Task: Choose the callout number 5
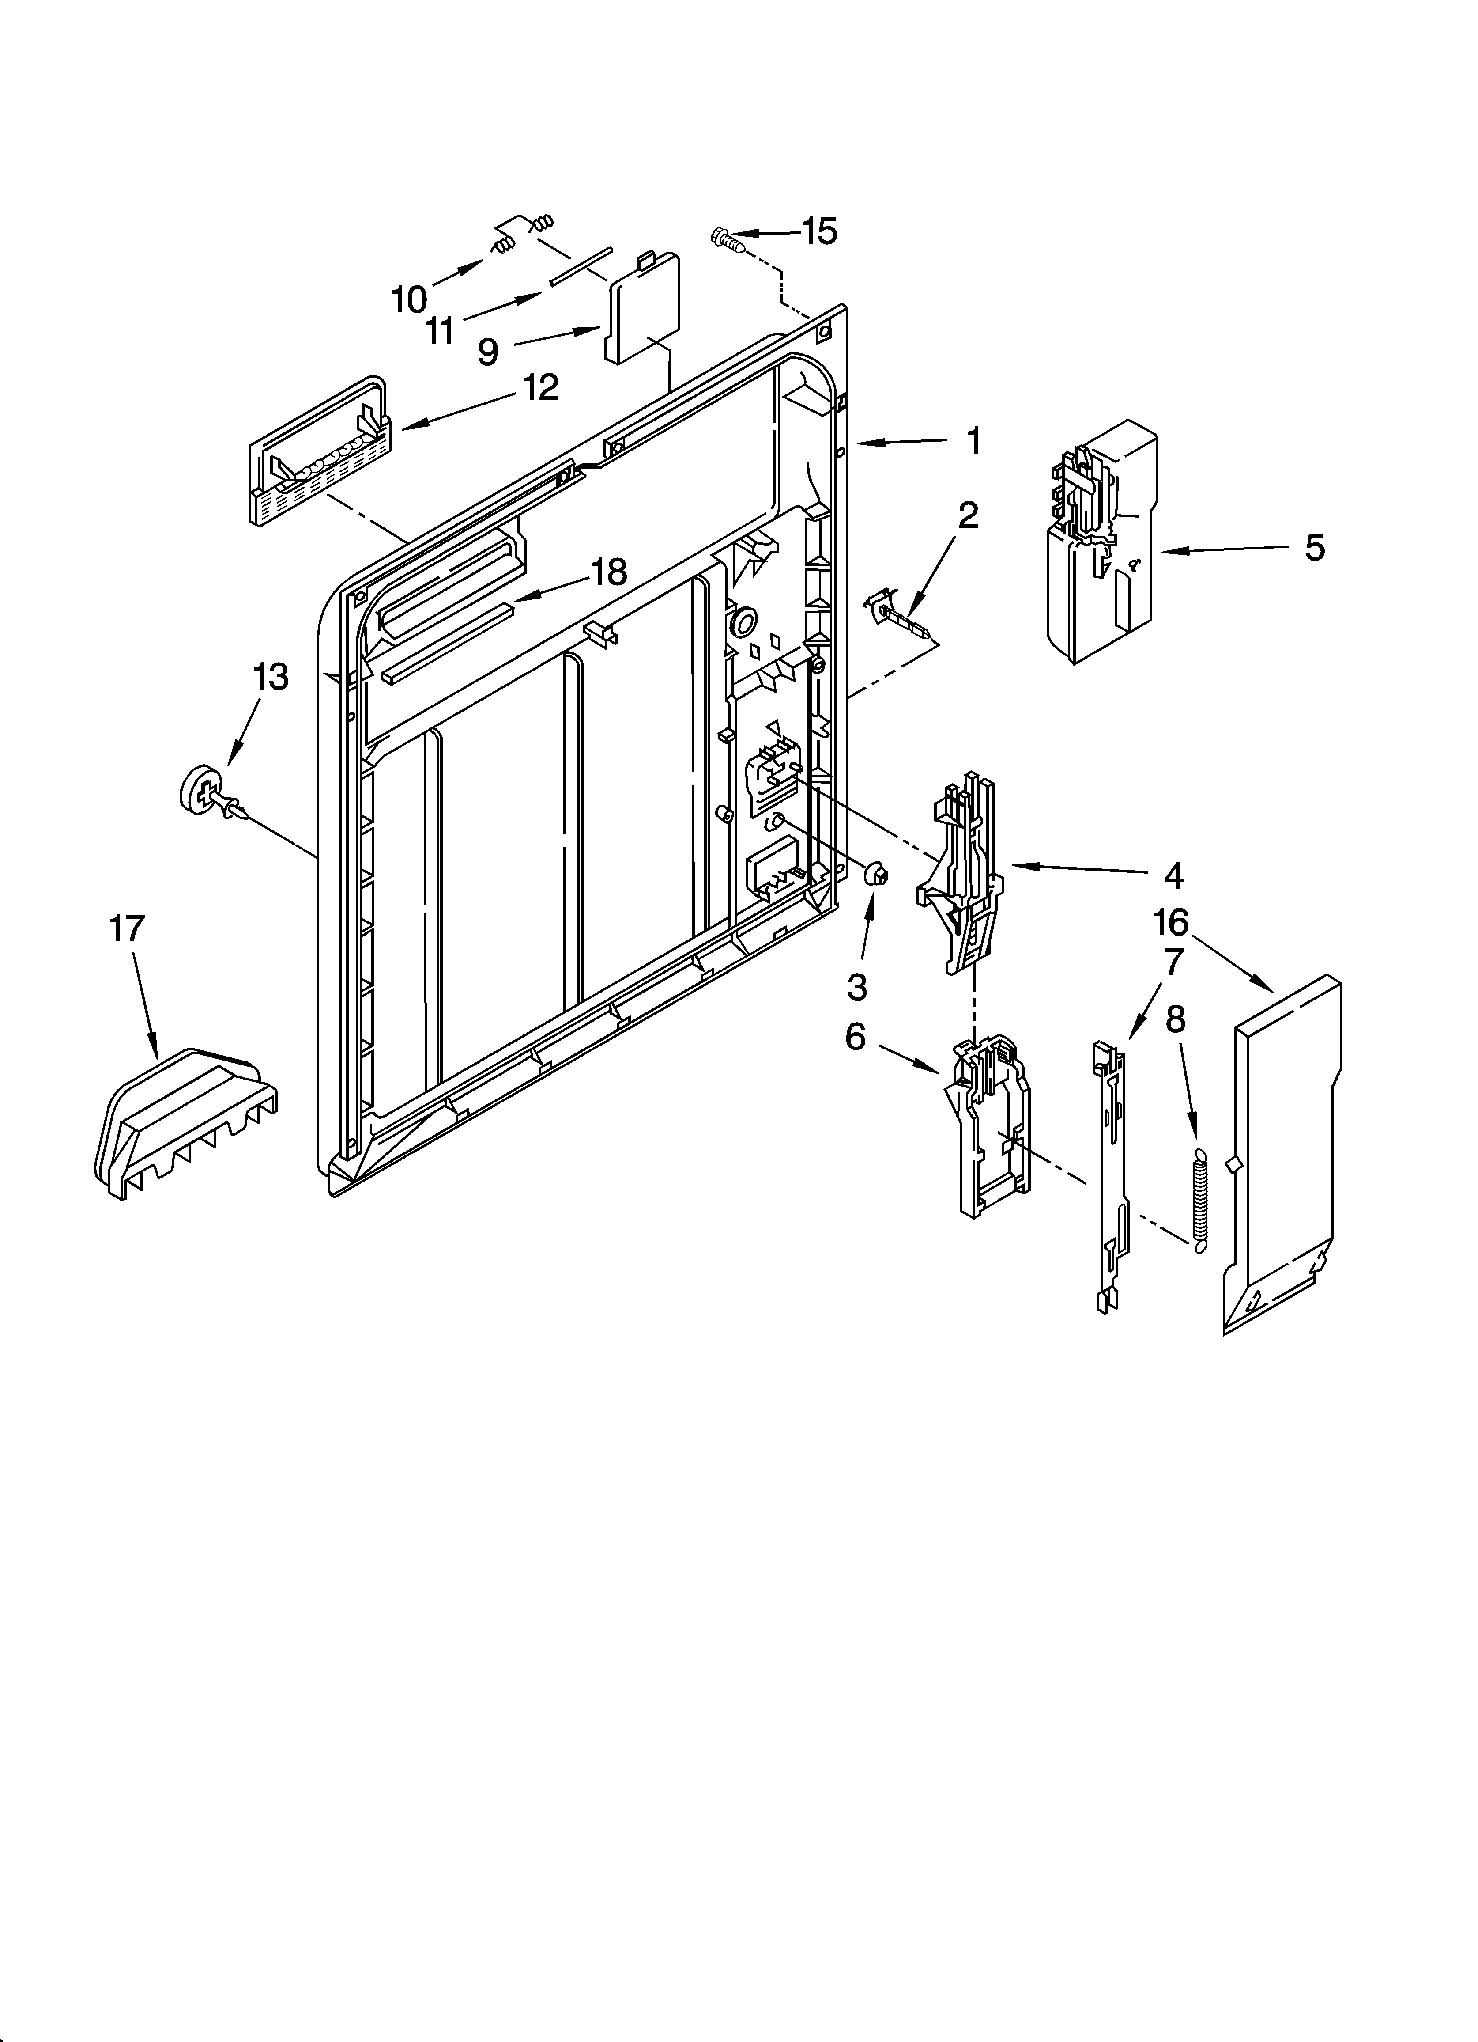pyautogui.click(x=1314, y=547)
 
